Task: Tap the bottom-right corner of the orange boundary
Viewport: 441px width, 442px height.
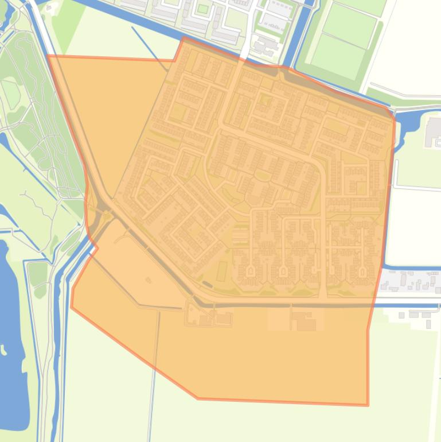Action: [368, 405]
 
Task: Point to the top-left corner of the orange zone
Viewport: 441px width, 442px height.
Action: [48, 56]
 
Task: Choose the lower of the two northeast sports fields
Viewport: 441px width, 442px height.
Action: [338, 56]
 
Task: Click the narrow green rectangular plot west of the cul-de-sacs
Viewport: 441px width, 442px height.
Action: [223, 270]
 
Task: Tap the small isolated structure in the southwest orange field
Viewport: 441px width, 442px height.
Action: [149, 280]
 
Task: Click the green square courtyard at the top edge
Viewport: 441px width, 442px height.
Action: [202, 9]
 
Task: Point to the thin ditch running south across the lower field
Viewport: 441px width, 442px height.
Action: [154, 373]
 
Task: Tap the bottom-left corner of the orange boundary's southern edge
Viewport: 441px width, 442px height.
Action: [198, 398]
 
